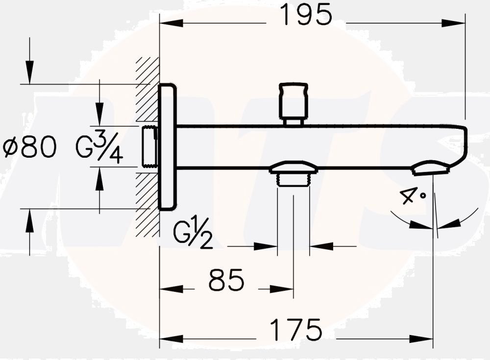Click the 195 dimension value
(x=305, y=15)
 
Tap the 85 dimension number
(x=226, y=281)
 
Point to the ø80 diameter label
(x=29, y=147)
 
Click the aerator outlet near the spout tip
(x=431, y=168)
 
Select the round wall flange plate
(x=167, y=147)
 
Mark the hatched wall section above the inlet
(x=147, y=88)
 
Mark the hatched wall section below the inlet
(x=147, y=206)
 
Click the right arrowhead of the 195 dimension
(x=453, y=23)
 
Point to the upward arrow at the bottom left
(x=29, y=220)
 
